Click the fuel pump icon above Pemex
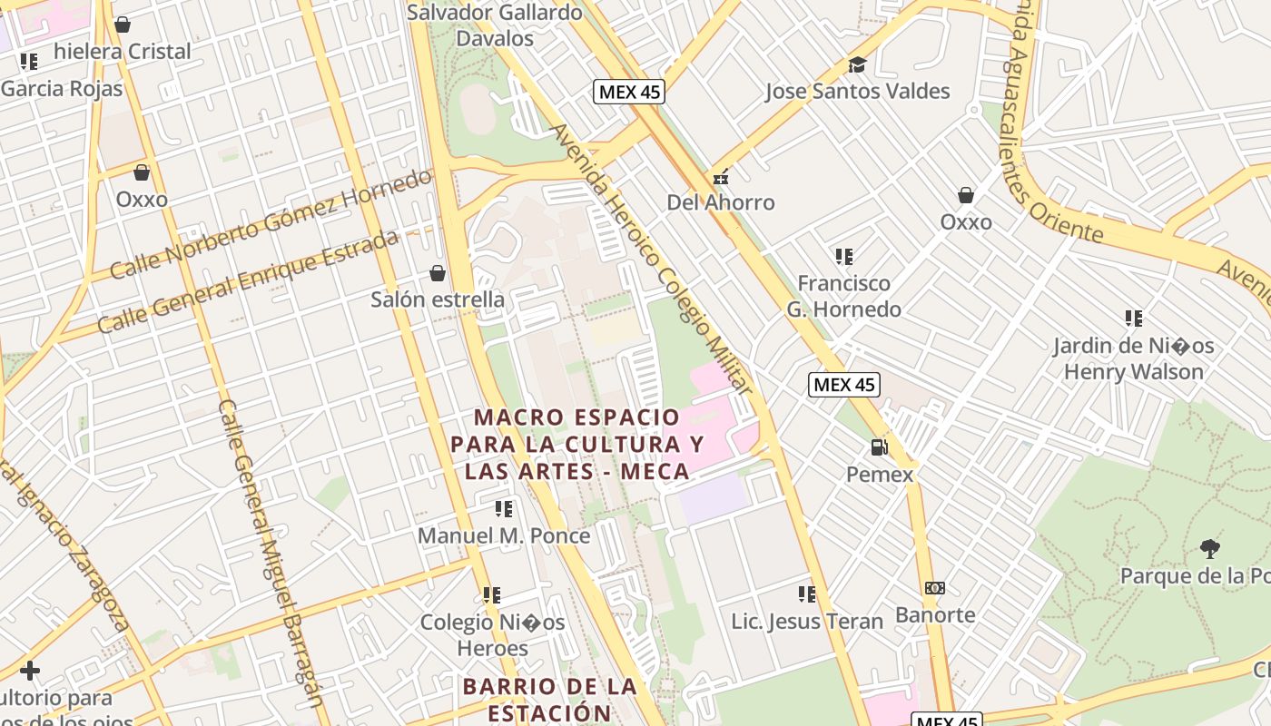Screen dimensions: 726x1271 tap(878, 447)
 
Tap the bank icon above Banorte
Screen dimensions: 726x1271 tap(934, 588)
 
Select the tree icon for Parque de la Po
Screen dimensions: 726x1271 tap(1209, 548)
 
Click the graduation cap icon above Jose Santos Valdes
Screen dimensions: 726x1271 tap(857, 64)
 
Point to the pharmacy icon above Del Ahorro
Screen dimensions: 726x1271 tap(721, 178)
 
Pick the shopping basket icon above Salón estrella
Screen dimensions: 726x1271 tap(438, 273)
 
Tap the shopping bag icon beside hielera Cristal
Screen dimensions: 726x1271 tap(123, 24)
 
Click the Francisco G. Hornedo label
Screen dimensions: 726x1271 tap(844, 296)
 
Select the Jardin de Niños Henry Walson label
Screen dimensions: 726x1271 tap(1133, 358)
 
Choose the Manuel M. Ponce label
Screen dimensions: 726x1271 tap(504, 535)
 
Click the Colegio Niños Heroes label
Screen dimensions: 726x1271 tap(492, 635)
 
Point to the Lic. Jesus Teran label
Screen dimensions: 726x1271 tap(807, 621)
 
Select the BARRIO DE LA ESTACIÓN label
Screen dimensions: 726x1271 tap(549, 699)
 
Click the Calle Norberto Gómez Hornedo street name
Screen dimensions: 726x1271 tap(271, 222)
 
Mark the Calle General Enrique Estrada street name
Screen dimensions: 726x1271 tap(247, 281)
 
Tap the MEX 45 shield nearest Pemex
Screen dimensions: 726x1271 tap(843, 385)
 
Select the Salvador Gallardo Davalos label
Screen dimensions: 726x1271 tap(495, 25)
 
